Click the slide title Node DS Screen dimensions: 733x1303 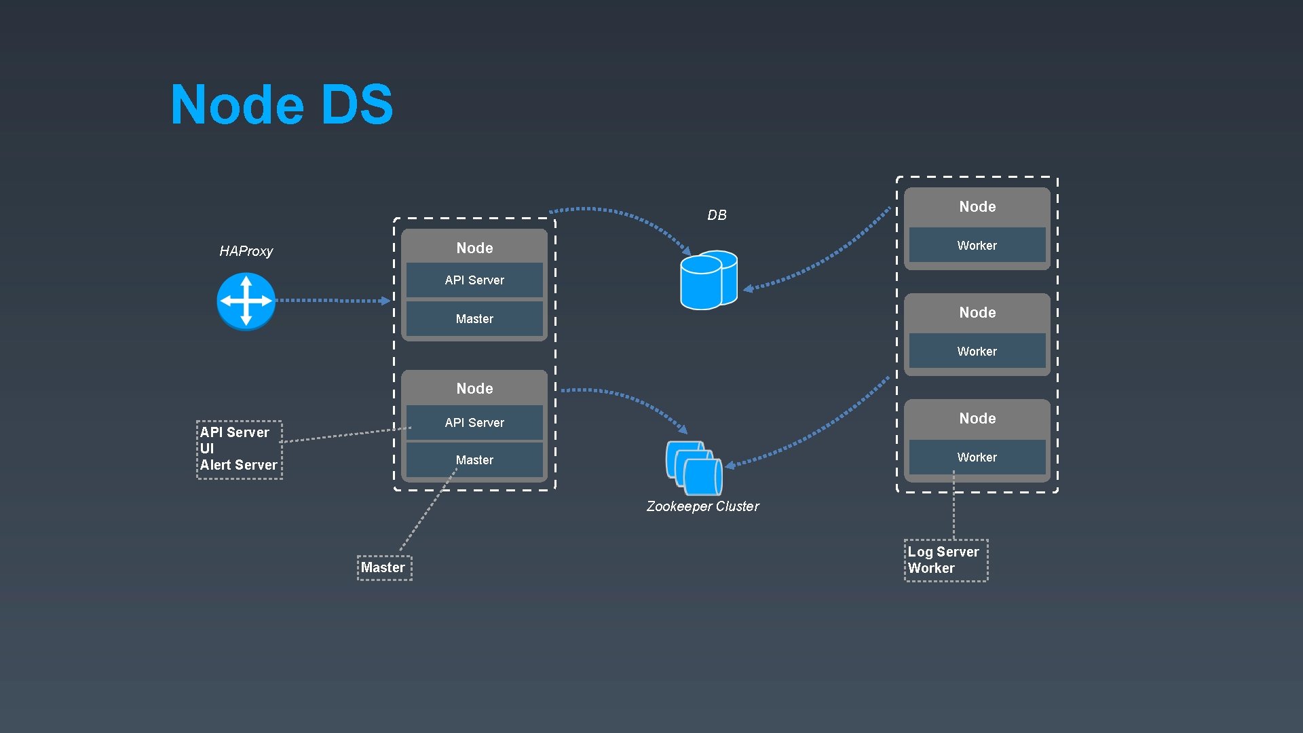point(282,105)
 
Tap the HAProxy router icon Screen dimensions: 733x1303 point(246,301)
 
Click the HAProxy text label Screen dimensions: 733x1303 point(246,251)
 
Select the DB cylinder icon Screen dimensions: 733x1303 point(708,280)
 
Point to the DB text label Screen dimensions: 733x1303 point(717,215)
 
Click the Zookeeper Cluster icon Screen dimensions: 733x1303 point(694,468)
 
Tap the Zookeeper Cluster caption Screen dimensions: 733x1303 point(702,506)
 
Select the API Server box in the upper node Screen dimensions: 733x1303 point(474,280)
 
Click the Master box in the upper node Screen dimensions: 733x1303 point(474,319)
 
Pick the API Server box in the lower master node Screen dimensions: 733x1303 point(474,423)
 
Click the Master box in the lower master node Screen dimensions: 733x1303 point(474,460)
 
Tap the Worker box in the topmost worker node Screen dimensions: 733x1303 point(977,246)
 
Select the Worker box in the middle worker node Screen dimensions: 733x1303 point(977,352)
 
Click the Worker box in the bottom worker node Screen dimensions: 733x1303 point(977,457)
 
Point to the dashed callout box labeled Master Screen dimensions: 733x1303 point(384,568)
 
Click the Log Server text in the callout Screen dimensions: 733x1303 point(943,552)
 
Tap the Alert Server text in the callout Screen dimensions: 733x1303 point(238,465)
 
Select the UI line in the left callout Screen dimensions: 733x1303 point(207,449)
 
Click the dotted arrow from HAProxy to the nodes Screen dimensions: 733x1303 point(333,300)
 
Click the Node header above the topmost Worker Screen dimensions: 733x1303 point(977,207)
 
